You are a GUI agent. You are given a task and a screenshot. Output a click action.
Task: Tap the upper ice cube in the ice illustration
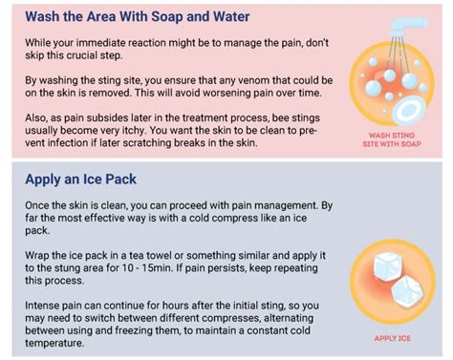[x=382, y=263]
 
